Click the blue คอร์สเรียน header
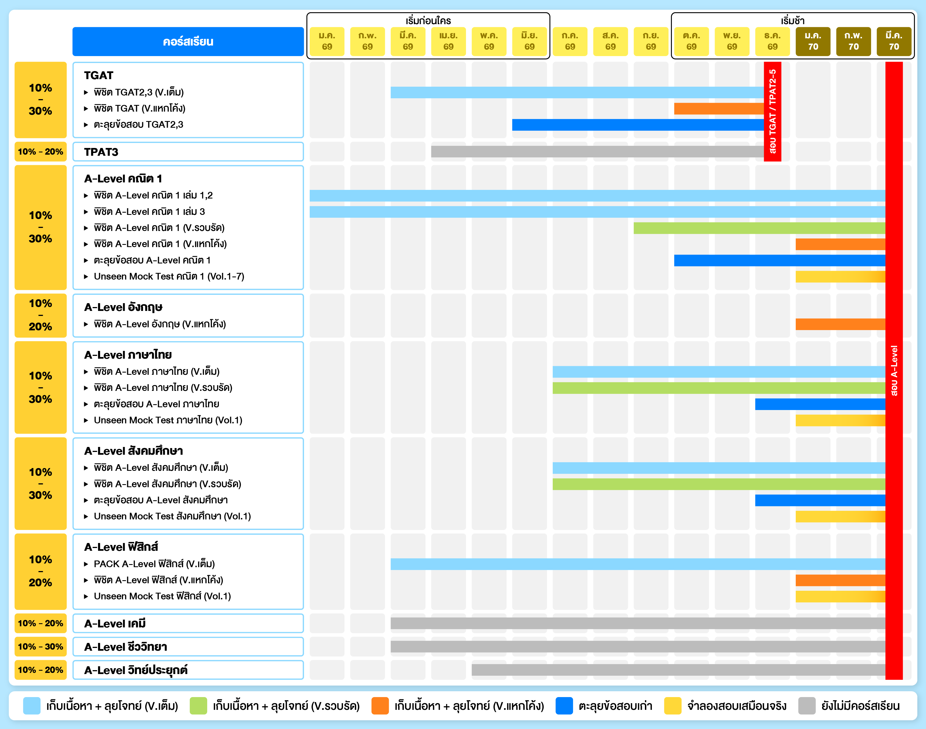click(x=188, y=41)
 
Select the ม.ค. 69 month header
click(x=327, y=41)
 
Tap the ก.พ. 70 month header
click(x=853, y=41)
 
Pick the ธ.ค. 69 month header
click(x=772, y=41)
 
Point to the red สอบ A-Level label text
click(x=894, y=371)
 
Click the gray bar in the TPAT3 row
click(x=597, y=152)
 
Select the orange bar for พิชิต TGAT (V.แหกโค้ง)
click(x=719, y=109)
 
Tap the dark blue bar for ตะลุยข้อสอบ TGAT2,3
click(x=637, y=125)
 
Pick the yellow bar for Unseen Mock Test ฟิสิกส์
click(x=840, y=596)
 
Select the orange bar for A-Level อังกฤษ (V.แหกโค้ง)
click(x=840, y=324)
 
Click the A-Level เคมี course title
click(x=115, y=624)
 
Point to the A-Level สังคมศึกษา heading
click(x=133, y=451)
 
